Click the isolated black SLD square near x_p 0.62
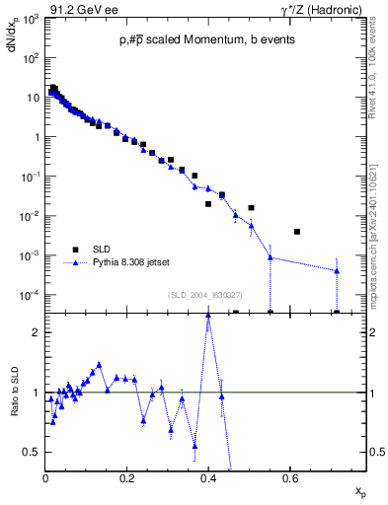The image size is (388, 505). click(297, 232)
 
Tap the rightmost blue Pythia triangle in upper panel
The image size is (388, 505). click(337, 270)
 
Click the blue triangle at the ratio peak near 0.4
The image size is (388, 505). click(208, 316)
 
